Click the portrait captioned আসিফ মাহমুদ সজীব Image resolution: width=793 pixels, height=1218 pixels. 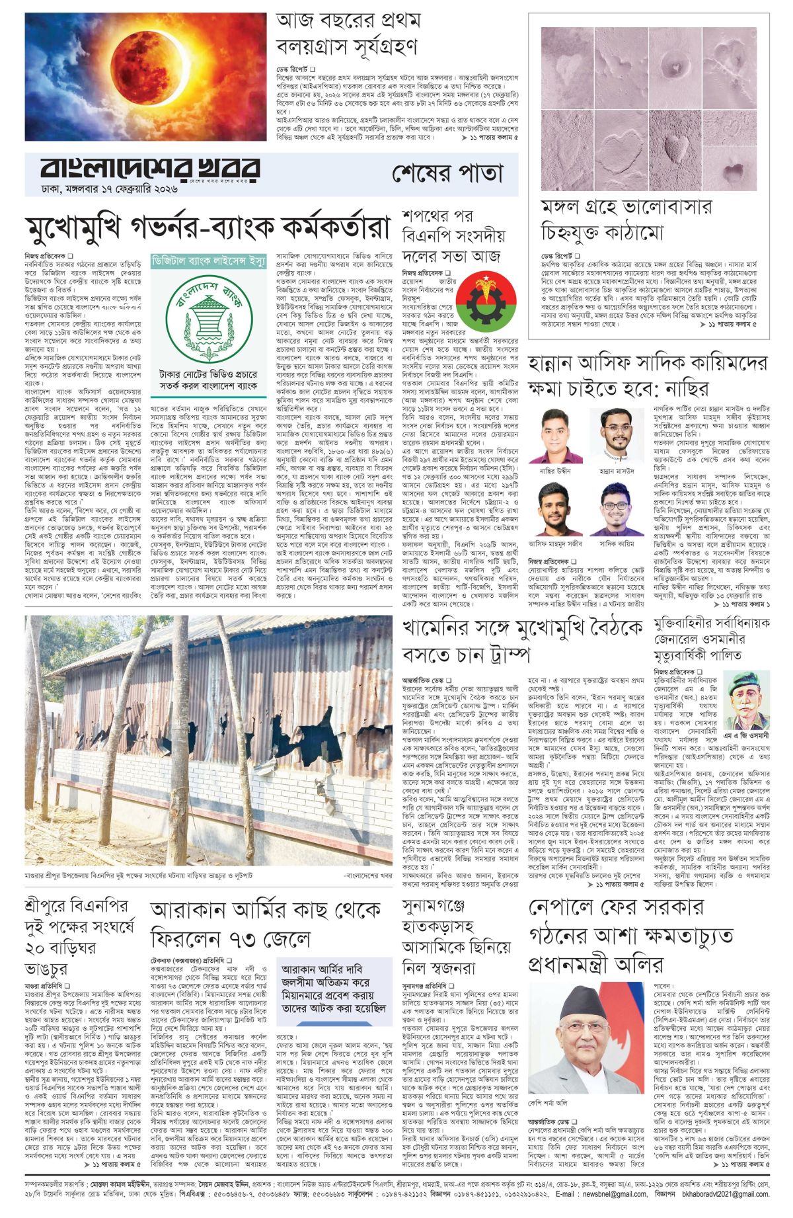pyautogui.click(x=556, y=510)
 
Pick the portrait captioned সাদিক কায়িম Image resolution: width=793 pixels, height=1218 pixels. pyautogui.click(x=617, y=510)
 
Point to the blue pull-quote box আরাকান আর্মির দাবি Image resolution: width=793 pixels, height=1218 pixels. pyautogui.click(x=334, y=990)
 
